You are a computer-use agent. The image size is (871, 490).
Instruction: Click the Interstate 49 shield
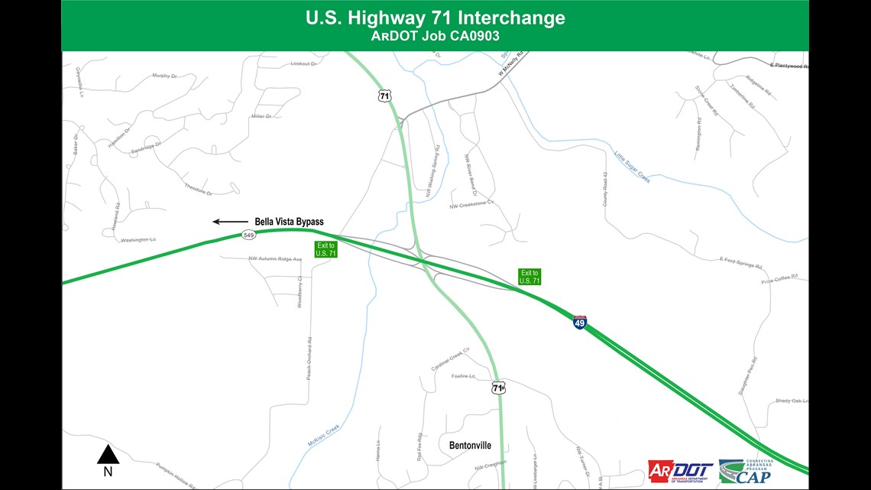pos(580,323)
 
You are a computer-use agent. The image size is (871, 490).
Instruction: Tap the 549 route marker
pos(248,235)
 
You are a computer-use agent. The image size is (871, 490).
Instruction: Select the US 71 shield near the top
pos(384,96)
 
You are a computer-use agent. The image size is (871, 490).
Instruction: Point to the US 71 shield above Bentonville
pos(498,388)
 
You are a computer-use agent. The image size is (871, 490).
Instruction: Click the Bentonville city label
pos(465,445)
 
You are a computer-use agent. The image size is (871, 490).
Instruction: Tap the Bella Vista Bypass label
pos(289,222)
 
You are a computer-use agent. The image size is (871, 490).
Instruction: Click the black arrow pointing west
pos(230,222)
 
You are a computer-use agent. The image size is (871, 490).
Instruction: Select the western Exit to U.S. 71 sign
pos(325,249)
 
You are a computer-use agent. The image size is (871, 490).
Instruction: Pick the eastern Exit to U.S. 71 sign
pos(529,277)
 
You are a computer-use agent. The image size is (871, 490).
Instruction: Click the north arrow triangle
pos(108,455)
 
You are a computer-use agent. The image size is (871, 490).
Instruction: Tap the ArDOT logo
pos(680,471)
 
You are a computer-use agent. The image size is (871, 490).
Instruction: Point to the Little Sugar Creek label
pos(632,167)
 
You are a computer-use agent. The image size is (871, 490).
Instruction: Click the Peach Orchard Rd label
pos(309,359)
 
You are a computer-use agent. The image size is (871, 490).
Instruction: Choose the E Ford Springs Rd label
pos(741,264)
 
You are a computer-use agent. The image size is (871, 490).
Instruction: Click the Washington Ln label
pos(138,240)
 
